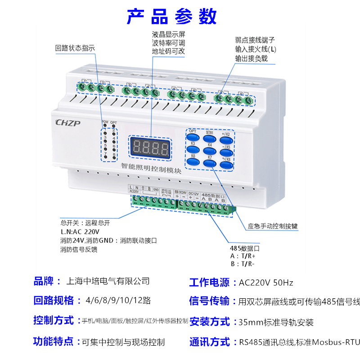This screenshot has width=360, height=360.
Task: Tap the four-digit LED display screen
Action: click(151, 147)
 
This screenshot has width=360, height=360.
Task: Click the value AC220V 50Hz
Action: click(266, 283)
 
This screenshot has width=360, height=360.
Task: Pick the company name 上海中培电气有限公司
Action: click(108, 282)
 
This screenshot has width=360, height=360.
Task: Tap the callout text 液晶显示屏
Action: click(169, 34)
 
